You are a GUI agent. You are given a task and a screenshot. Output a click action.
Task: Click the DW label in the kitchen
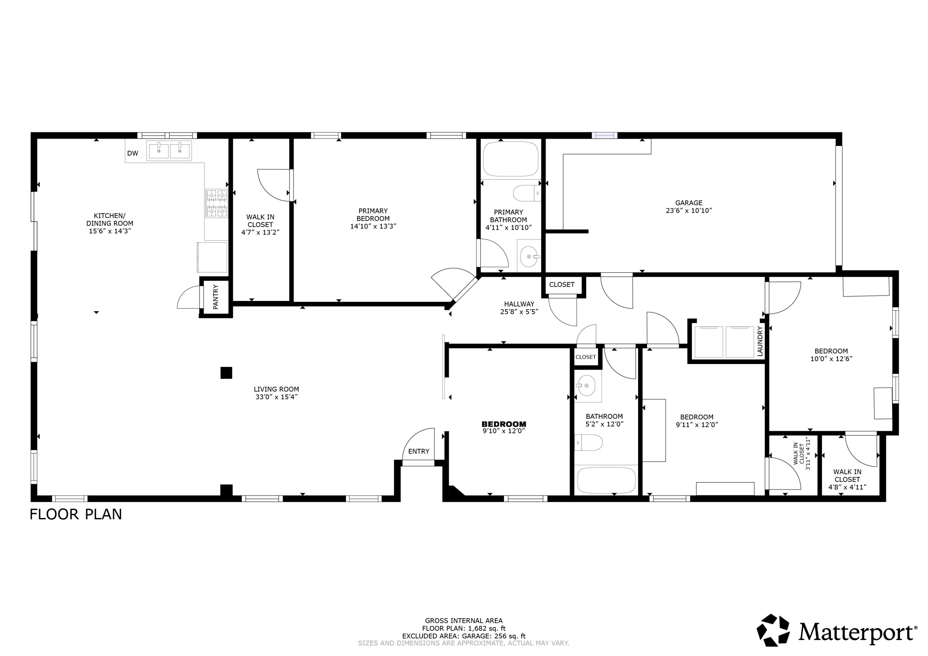coord(133,154)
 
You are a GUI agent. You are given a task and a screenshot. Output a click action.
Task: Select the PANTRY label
coord(215,297)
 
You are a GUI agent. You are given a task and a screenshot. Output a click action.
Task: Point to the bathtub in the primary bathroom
coord(510,159)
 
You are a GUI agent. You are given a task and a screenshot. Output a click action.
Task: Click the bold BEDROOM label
coord(504,424)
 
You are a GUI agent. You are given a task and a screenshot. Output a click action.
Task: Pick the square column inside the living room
coord(226,373)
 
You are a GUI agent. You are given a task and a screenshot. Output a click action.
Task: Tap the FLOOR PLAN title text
coord(75,515)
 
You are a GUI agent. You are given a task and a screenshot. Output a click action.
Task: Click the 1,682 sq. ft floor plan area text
coord(464,628)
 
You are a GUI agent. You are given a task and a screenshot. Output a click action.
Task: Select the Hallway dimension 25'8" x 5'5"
coord(519,312)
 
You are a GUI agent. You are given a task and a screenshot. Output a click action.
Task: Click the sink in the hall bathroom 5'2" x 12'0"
coord(586,386)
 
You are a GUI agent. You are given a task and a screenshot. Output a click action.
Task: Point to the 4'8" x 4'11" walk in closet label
coord(847,487)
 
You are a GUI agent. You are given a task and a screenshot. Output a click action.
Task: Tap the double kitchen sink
coord(169,151)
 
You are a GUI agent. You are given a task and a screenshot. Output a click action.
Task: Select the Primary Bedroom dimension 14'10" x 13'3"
coord(373,226)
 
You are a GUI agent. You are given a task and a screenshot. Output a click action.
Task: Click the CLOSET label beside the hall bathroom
coord(585,357)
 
